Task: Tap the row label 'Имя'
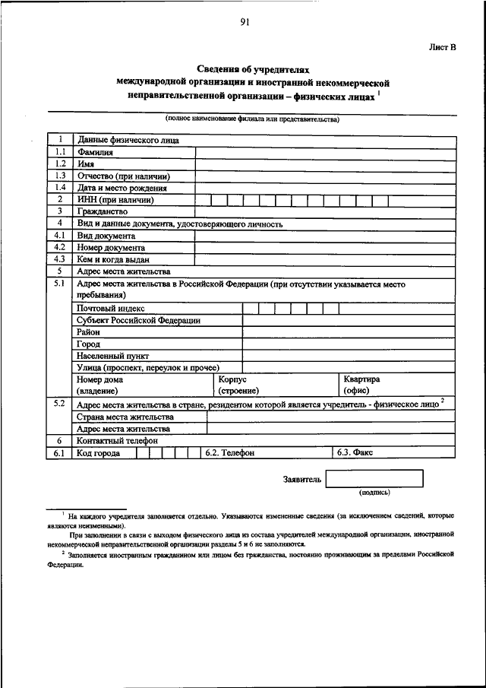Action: click(x=85, y=163)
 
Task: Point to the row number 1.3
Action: click(x=60, y=176)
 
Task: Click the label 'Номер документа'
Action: click(x=111, y=247)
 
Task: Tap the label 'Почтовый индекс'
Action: click(x=111, y=308)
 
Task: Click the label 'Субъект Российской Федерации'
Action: click(x=138, y=320)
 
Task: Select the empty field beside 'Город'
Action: click(x=349, y=344)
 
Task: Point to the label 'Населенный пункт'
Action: click(x=112, y=356)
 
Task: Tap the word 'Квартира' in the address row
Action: click(x=361, y=379)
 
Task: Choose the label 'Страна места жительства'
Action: click(x=125, y=417)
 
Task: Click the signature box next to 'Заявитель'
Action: click(x=374, y=479)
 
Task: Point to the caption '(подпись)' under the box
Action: click(x=375, y=493)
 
